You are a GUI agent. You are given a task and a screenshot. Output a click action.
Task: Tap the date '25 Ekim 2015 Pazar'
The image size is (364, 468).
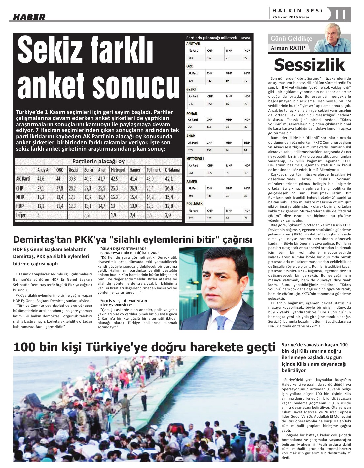click(x=291, y=18)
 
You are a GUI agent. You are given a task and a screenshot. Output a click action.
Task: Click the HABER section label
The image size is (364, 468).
click(x=29, y=18)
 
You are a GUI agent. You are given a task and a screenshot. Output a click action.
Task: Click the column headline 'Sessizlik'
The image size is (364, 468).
click(x=309, y=65)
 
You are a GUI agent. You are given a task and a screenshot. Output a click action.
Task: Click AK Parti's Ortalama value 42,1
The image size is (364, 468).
click(x=169, y=179)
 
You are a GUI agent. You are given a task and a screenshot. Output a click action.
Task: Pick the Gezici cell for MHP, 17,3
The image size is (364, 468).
click(x=72, y=197)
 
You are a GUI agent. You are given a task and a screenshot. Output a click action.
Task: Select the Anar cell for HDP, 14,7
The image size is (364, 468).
click(x=101, y=206)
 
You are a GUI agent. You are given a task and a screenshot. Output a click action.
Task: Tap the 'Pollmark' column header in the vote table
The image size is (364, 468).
click(x=153, y=170)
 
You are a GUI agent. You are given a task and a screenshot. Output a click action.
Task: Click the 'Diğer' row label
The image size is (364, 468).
click(x=21, y=215)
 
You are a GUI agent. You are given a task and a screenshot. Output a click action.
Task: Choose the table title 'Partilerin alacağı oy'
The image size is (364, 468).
click(x=98, y=161)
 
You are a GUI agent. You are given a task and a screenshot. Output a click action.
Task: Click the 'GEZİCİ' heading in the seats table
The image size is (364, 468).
click(x=191, y=90)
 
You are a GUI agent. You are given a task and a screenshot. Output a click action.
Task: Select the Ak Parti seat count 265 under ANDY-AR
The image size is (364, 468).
click(x=191, y=58)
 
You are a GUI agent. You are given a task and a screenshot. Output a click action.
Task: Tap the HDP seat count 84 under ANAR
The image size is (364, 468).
click(x=246, y=150)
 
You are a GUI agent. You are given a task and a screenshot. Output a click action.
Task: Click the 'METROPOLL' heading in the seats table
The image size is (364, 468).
click(x=195, y=159)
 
